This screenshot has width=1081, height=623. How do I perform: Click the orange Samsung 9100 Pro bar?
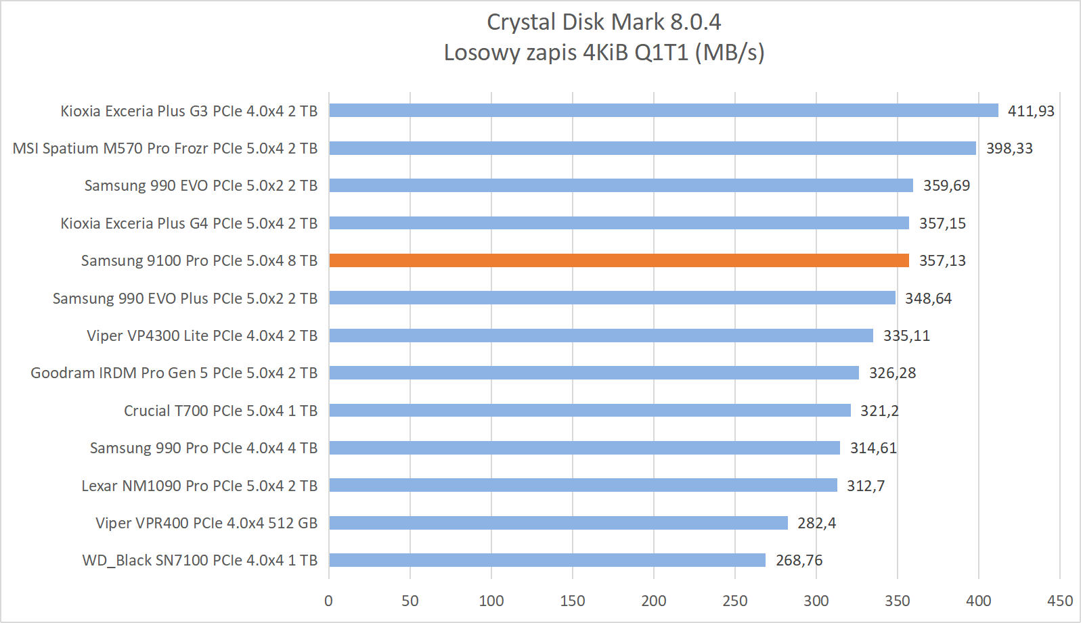click(x=619, y=260)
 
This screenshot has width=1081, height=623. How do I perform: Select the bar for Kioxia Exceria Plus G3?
click(x=663, y=110)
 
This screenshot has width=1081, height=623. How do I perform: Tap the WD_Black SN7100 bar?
click(x=547, y=560)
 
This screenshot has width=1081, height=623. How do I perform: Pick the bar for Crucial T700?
click(x=590, y=411)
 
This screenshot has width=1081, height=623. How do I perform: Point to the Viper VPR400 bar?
click(x=558, y=523)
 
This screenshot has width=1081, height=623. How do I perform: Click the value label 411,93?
click(x=1031, y=111)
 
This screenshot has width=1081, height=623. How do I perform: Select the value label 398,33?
click(x=1009, y=148)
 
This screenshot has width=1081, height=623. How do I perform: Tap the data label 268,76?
click(x=799, y=560)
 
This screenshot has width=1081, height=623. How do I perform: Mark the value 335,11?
click(x=906, y=336)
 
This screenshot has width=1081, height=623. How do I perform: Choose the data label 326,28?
click(x=892, y=373)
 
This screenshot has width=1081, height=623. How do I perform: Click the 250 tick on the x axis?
click(x=734, y=601)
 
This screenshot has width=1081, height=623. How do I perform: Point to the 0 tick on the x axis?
click(x=329, y=601)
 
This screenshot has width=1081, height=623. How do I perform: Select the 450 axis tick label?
click(x=1059, y=601)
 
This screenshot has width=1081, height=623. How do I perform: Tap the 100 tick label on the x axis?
click(x=491, y=601)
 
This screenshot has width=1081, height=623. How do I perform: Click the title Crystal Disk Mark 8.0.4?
click(x=604, y=22)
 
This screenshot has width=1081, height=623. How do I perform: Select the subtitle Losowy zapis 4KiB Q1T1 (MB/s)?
click(x=604, y=52)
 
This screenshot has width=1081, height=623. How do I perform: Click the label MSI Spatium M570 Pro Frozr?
click(x=165, y=148)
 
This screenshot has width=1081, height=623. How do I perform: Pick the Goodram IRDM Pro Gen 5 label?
click(x=174, y=373)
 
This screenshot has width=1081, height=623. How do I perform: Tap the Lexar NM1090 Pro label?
click(x=199, y=486)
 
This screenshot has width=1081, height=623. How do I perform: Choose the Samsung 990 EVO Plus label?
click(x=185, y=298)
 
